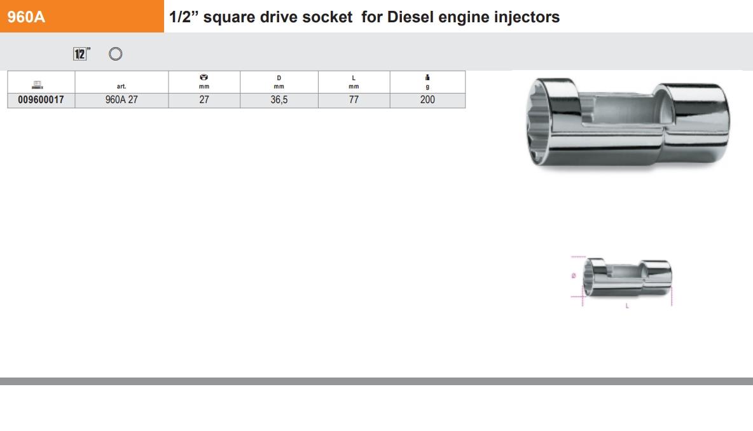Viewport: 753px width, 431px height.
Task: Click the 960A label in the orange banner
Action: pyautogui.click(x=26, y=17)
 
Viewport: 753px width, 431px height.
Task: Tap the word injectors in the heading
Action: pyautogui.click(x=527, y=17)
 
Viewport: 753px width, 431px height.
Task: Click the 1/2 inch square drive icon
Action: pyautogui.click(x=80, y=54)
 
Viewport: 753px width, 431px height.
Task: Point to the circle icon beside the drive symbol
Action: pyautogui.click(x=116, y=54)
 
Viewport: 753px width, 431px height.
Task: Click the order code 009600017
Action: pyautogui.click(x=41, y=100)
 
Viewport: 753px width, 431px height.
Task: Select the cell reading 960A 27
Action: pyautogui.click(x=121, y=100)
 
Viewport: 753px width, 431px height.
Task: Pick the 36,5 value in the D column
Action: pyautogui.click(x=279, y=100)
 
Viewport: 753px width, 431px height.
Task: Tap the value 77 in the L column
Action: pyautogui.click(x=354, y=100)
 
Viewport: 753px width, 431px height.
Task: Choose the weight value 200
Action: pyautogui.click(x=427, y=100)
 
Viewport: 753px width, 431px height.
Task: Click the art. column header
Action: pyautogui.click(x=121, y=86)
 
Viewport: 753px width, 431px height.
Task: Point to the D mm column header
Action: pyautogui.click(x=279, y=82)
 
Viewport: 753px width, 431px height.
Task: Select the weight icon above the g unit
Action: pyautogui.click(x=427, y=78)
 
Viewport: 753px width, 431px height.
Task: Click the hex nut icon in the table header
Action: pyautogui.click(x=204, y=78)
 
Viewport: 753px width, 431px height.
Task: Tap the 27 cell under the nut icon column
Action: pyautogui.click(x=204, y=100)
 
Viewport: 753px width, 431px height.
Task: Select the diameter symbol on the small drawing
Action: pyautogui.click(x=574, y=276)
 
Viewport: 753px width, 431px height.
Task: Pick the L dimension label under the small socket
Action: pyautogui.click(x=628, y=306)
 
